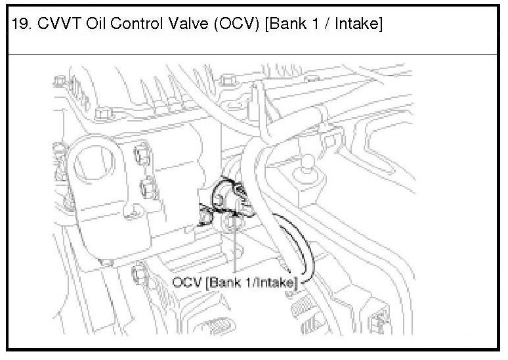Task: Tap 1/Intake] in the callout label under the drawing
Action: point(271,283)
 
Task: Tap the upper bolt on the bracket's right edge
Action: point(140,156)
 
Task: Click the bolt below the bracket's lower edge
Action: point(140,271)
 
